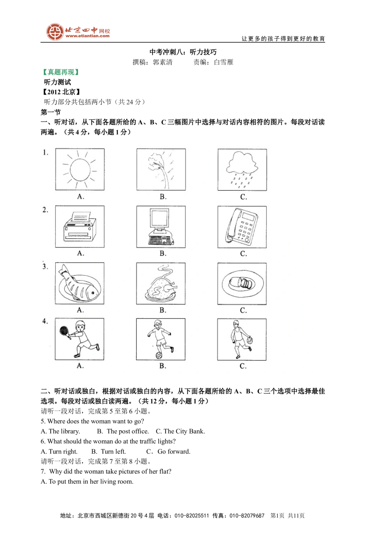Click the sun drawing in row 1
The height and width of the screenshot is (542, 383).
[x=80, y=169]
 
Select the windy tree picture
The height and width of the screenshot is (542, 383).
[x=161, y=169]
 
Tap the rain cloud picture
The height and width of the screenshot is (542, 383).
[x=242, y=170]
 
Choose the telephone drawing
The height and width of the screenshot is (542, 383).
[x=242, y=227]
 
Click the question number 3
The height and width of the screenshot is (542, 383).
[x=45, y=267]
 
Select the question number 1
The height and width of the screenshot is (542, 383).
[x=46, y=152]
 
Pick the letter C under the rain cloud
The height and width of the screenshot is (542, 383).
[x=243, y=197]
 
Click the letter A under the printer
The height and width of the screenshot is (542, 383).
[x=80, y=253]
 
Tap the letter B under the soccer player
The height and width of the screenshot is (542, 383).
[x=162, y=366]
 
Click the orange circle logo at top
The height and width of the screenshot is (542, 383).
[x=55, y=32]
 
